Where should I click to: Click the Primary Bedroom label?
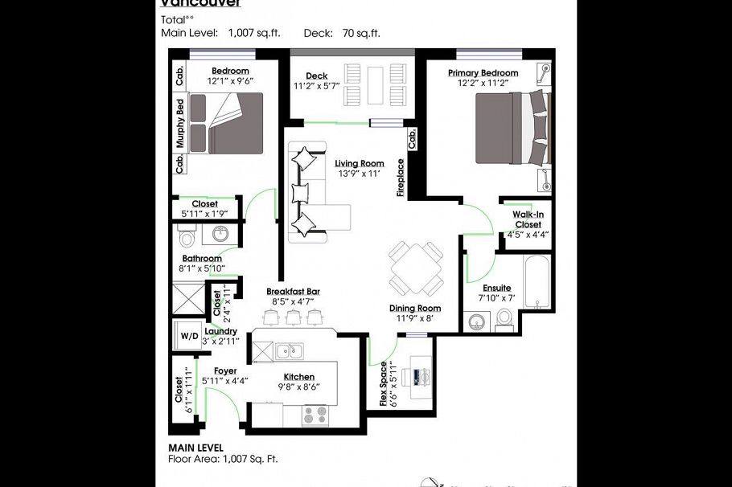(483, 73)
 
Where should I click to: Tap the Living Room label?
(359, 163)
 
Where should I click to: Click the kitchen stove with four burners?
(315, 415)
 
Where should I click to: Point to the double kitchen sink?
(288, 350)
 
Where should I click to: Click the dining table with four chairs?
(415, 268)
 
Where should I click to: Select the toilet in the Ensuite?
(504, 320)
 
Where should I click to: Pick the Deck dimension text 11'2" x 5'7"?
(316, 86)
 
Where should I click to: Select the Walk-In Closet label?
(528, 219)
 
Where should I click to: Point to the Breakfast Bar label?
(294, 291)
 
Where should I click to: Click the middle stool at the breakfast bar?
(294, 317)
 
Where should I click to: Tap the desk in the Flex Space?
(420, 378)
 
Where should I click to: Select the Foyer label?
(225, 371)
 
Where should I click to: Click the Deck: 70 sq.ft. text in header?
(342, 33)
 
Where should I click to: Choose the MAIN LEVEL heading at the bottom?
(195, 448)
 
